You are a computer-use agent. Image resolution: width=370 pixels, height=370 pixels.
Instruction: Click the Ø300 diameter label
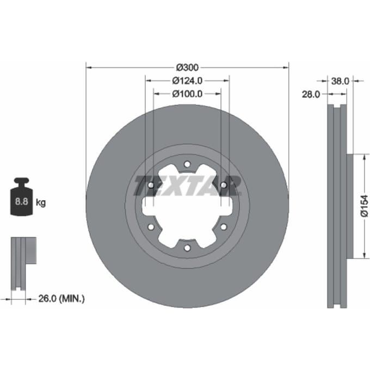[187, 67]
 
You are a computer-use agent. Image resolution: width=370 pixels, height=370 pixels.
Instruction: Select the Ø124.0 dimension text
[187, 81]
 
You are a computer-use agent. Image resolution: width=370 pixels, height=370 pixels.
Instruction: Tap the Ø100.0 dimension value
[187, 94]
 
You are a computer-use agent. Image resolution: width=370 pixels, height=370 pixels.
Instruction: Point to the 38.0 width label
[340, 81]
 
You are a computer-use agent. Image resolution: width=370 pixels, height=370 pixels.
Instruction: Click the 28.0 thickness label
[311, 95]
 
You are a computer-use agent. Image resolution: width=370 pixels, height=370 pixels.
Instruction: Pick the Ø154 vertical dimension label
[365, 206]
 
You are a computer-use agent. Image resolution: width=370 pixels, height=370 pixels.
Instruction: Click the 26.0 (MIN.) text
[61, 299]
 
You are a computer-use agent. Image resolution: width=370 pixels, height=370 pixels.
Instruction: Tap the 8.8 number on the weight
[21, 201]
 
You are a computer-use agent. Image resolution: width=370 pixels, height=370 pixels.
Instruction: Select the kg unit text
[41, 202]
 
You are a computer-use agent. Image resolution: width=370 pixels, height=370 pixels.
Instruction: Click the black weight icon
[21, 196]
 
